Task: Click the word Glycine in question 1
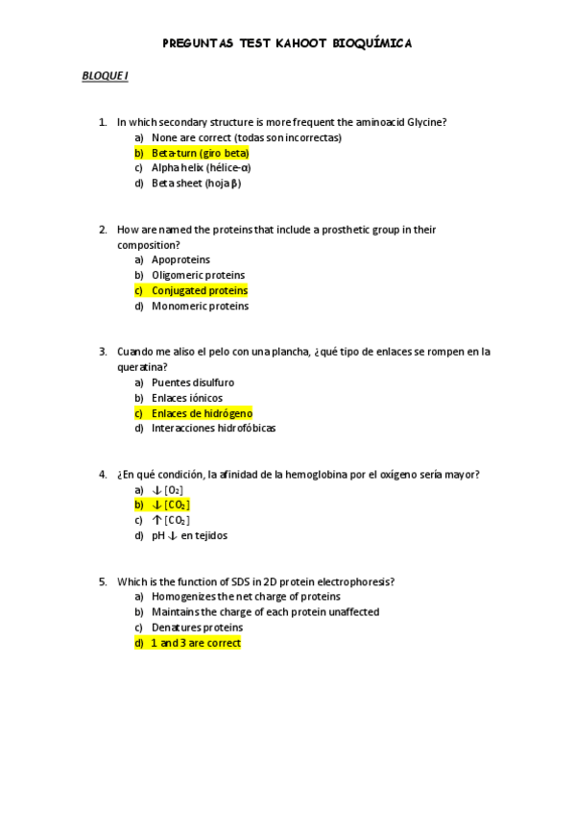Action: coord(428,122)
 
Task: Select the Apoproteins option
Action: coord(180,259)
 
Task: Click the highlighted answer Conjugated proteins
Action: coord(200,290)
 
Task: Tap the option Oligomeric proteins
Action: coord(198,275)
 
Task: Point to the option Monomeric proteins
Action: coord(200,306)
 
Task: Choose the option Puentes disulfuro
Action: coord(192,383)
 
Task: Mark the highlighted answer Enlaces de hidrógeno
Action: coord(202,413)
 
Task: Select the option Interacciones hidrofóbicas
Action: coord(213,429)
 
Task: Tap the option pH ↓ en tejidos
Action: coord(189,535)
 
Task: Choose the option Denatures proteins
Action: coord(197,628)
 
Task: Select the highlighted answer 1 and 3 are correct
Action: coord(196,643)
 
